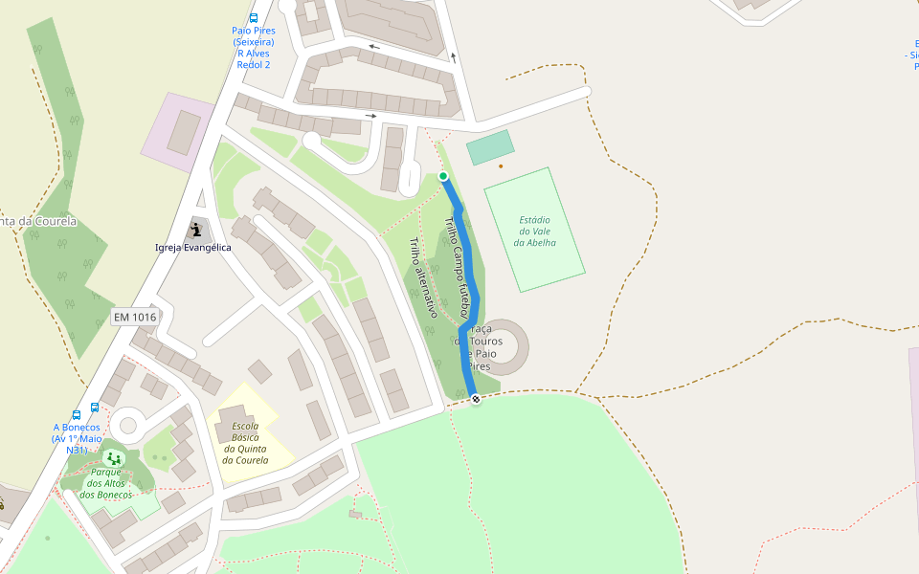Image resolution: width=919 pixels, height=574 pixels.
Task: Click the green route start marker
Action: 443,176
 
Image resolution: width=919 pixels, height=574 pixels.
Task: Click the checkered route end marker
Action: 476,399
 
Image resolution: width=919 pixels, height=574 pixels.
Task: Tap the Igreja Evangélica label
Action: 193,248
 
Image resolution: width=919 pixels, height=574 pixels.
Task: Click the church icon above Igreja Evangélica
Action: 196,230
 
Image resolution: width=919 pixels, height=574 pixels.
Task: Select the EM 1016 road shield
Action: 135,317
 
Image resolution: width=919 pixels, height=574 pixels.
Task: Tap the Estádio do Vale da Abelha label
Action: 535,232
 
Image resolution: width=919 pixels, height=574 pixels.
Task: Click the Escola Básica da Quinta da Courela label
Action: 245,443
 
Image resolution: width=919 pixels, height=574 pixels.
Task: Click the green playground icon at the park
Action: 115,458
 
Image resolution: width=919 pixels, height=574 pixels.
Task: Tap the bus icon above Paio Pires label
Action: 254,18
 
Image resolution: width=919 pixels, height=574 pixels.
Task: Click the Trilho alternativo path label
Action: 422,277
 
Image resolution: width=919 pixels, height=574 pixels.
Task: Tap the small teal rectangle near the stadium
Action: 490,148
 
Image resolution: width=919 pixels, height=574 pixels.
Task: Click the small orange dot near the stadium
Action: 501,166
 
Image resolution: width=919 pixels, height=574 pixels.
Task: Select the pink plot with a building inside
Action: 178,132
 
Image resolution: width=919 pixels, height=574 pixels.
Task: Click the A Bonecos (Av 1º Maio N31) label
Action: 78,438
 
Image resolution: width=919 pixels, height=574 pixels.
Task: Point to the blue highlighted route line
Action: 467,287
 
